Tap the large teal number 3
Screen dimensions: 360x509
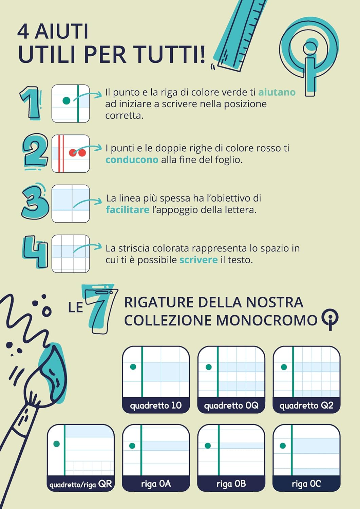pyautogui.click(x=35, y=202)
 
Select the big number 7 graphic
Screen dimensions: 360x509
pyautogui.click(x=100, y=308)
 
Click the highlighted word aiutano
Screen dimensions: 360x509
pyautogui.click(x=277, y=92)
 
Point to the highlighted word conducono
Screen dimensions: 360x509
pyautogui.click(x=132, y=160)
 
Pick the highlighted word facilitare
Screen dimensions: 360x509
pyautogui.click(x=128, y=209)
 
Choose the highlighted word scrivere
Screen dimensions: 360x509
pyautogui.click(x=198, y=260)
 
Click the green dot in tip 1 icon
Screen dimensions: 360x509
pyautogui.click(x=67, y=100)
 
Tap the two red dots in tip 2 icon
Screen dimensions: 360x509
pyautogui.click(x=77, y=153)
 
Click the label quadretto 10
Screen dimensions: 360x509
pyautogui.click(x=156, y=405)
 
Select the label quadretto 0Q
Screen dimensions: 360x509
pyautogui.click(x=231, y=405)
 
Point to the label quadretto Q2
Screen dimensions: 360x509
pyautogui.click(x=306, y=405)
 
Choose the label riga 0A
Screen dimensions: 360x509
pyautogui.click(x=156, y=484)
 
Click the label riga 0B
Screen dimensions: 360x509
pyautogui.click(x=231, y=484)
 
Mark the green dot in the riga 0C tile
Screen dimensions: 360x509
pyautogui.click(x=283, y=446)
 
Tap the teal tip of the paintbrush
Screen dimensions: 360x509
pyautogui.click(x=52, y=373)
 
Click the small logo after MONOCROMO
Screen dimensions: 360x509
pyautogui.click(x=330, y=319)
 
